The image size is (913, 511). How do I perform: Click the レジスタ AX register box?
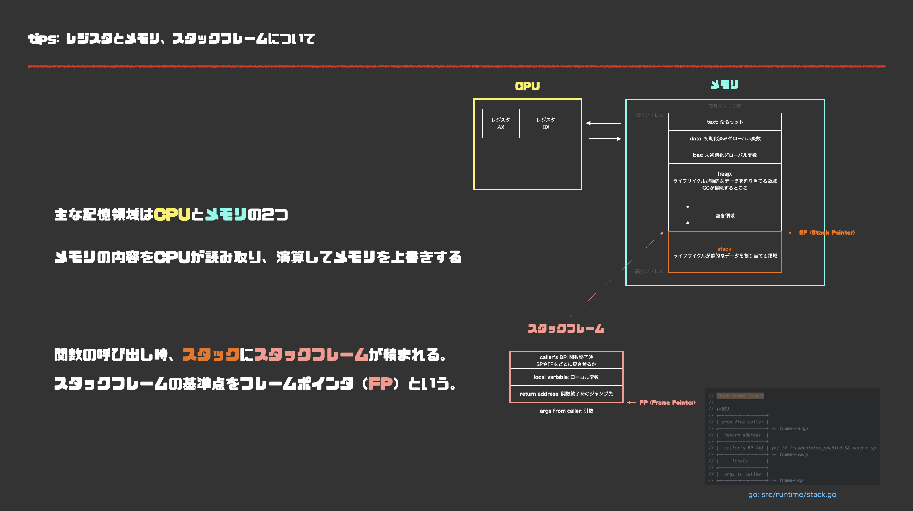pos(501,123)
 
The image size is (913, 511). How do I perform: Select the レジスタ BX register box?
pos(545,123)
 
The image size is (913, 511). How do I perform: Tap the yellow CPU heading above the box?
pos(527,86)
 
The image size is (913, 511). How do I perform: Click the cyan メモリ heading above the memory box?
pos(724,85)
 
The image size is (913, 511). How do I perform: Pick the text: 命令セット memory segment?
pos(725,122)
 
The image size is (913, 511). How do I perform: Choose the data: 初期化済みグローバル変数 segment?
pos(725,139)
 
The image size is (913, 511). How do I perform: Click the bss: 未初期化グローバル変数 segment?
pos(725,155)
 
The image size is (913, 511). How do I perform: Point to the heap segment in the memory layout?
pos(725,181)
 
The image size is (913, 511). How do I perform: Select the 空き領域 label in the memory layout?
pos(725,216)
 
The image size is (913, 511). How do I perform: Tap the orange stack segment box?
pos(725,252)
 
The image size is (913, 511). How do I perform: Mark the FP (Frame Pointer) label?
pos(667,403)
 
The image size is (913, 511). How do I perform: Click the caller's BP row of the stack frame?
pos(566,360)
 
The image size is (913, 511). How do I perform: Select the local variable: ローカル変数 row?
pos(566,377)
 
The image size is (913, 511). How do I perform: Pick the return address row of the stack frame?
pos(566,394)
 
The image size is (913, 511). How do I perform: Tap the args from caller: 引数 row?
pos(566,411)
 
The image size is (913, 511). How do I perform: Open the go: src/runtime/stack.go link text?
pos(792,494)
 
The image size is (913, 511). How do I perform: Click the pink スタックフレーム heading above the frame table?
pos(566,329)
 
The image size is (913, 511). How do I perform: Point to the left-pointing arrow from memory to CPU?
pos(603,123)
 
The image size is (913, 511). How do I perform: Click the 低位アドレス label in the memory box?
pos(649,115)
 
